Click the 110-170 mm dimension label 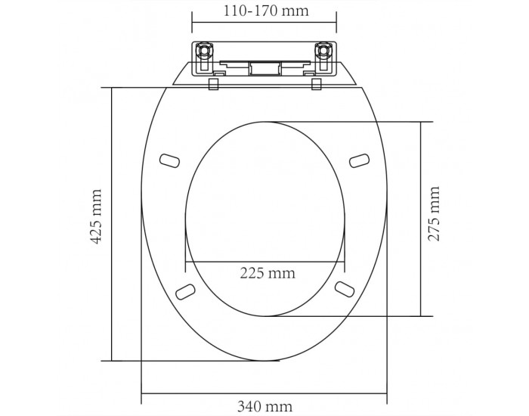click(266, 11)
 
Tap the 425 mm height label click(97, 216)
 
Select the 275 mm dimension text click(434, 213)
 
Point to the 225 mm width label click(268, 273)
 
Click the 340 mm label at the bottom click(264, 406)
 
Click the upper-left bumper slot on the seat click(169, 160)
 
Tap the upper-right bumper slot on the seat click(359, 160)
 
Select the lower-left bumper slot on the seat click(186, 291)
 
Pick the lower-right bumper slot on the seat click(345, 290)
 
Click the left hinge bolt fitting click(205, 51)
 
